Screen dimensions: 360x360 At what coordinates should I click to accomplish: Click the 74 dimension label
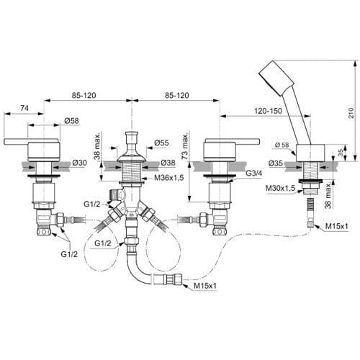[24, 108]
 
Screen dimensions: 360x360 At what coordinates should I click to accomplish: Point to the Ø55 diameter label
[161, 143]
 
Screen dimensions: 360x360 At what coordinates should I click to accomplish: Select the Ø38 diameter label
[168, 163]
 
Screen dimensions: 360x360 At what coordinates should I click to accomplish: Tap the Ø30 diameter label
[79, 163]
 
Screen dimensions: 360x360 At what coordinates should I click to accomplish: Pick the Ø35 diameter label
[276, 163]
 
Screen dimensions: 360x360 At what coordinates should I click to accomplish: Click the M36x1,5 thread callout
[169, 178]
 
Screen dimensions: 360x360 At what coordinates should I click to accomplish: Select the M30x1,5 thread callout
[280, 188]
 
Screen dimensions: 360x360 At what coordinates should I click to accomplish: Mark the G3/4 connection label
[254, 174]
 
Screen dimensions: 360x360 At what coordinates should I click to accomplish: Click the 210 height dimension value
[351, 112]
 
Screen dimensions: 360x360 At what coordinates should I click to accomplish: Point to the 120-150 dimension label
[268, 111]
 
